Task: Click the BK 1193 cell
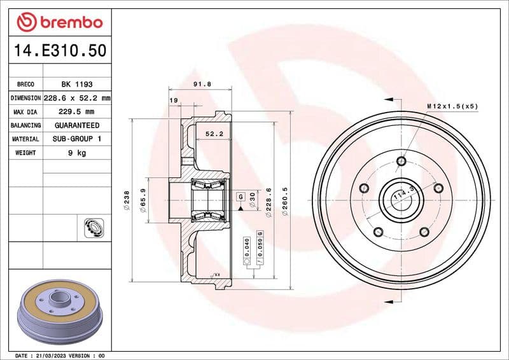(76, 84)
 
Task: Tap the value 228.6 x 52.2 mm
(76, 98)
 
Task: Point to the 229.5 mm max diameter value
(76, 112)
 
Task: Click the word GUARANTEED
(76, 125)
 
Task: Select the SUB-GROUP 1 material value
(76, 139)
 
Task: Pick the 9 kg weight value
(76, 153)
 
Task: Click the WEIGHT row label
(25, 153)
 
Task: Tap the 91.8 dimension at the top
(202, 84)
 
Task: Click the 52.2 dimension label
(213, 134)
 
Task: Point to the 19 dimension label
(173, 100)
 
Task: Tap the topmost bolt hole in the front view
(401, 161)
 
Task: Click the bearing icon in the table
(94, 226)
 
